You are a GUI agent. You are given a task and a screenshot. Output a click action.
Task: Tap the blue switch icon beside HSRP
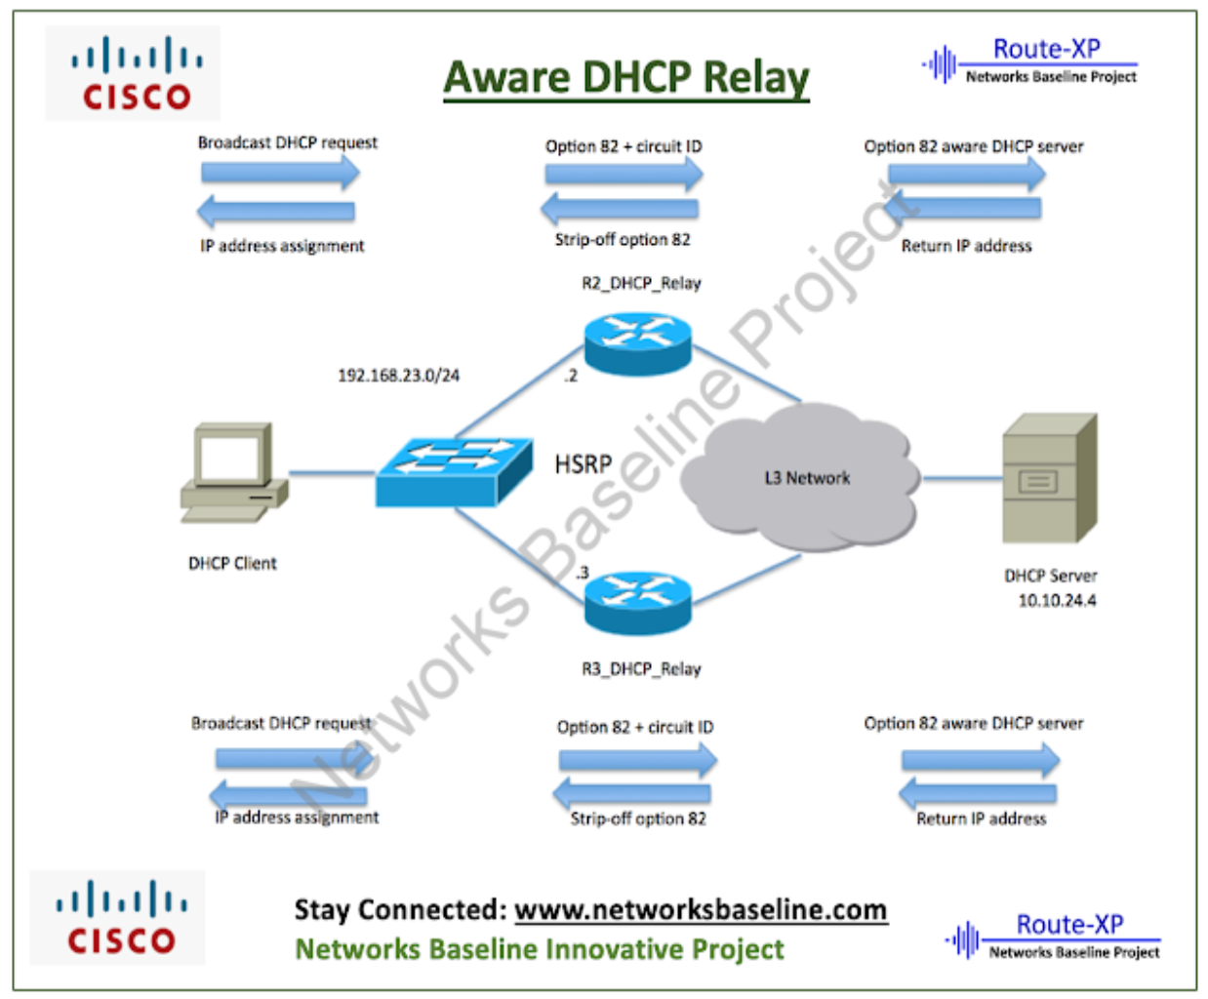[x=454, y=471]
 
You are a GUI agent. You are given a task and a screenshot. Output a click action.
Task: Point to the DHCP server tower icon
[x=1050, y=478]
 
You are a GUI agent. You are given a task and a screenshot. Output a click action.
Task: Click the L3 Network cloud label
[x=807, y=478]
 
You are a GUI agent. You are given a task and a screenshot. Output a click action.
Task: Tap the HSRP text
[x=583, y=463]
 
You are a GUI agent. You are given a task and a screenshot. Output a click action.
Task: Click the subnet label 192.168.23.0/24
[x=398, y=376]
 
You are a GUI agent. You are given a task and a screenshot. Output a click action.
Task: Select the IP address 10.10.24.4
[x=1057, y=601]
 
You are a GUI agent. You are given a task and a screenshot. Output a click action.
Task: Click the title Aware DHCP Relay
[x=626, y=78]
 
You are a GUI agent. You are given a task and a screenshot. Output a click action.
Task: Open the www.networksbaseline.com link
[x=701, y=909]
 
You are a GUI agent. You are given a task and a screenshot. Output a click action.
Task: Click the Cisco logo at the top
[x=133, y=74]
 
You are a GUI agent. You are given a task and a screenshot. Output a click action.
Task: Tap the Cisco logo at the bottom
[x=118, y=918]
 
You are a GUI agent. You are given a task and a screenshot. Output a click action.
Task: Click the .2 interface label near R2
[x=570, y=376]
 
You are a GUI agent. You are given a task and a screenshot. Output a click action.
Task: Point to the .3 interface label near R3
[x=582, y=573]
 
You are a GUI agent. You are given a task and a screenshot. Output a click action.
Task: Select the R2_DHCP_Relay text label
[x=641, y=283]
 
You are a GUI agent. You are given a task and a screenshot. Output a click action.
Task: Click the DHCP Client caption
[x=232, y=563]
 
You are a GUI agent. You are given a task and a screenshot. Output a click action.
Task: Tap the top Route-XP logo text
[x=1046, y=49]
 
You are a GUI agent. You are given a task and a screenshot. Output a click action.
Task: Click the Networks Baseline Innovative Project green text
[x=540, y=949]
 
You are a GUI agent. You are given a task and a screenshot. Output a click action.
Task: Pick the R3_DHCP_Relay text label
[x=641, y=669]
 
